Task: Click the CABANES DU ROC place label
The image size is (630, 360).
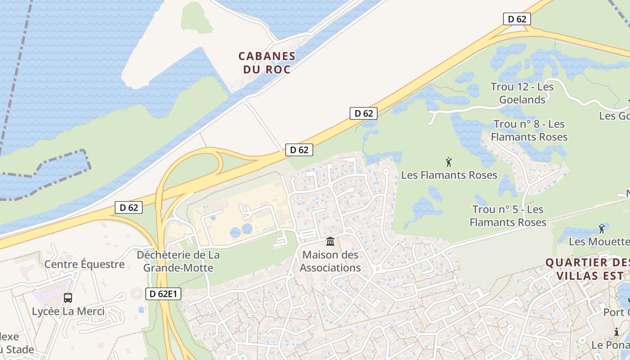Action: click(267, 63)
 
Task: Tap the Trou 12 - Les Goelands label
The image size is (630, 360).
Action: click(522, 93)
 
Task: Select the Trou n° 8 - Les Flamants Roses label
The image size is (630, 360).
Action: click(529, 130)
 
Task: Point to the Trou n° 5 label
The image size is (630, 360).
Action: click(508, 216)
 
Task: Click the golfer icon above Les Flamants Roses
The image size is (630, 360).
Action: click(448, 162)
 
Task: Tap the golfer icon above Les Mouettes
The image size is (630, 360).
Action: click(602, 229)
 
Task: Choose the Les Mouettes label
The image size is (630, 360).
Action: click(599, 242)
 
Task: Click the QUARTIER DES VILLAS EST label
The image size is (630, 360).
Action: click(587, 269)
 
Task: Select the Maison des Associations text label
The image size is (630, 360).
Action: click(330, 261)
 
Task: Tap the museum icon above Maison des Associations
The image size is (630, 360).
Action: click(330, 242)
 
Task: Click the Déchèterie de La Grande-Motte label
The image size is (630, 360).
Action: click(178, 261)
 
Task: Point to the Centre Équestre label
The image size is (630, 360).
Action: click(84, 264)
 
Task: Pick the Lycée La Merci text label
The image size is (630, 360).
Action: click(68, 311)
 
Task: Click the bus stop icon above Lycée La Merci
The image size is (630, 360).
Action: click(68, 297)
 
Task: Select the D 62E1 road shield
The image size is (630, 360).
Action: click(164, 294)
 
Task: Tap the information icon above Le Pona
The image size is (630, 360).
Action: click(616, 332)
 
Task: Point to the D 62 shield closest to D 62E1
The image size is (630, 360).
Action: click(129, 207)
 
